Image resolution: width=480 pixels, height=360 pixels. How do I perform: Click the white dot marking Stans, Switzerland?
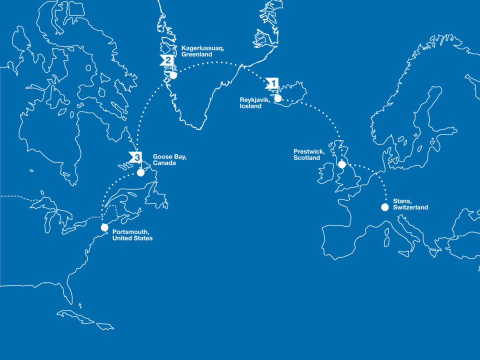(x=385, y=207)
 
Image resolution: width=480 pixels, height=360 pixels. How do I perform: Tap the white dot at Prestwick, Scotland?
(x=342, y=164)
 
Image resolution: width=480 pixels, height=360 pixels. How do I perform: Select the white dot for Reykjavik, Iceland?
(x=278, y=98)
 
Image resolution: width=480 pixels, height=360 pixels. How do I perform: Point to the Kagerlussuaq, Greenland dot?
(x=173, y=75)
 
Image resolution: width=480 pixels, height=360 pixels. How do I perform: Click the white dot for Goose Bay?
(x=141, y=172)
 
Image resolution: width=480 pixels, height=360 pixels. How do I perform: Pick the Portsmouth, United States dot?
(x=104, y=227)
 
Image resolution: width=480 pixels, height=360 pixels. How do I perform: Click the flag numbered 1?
(x=272, y=83)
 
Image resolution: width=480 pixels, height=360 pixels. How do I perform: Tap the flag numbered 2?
(x=166, y=61)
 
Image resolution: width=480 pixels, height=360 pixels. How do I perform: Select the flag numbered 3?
(x=135, y=157)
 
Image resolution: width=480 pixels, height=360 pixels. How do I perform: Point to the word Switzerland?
(x=410, y=207)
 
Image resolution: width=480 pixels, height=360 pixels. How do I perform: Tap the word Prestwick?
(x=309, y=151)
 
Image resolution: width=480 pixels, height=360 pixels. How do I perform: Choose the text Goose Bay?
(x=169, y=157)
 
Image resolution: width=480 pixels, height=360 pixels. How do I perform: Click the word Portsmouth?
(x=131, y=232)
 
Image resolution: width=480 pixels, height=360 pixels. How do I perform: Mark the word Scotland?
(x=306, y=158)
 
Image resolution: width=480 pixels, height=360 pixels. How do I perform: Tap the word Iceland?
(x=251, y=106)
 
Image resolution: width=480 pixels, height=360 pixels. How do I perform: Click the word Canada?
(x=164, y=163)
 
